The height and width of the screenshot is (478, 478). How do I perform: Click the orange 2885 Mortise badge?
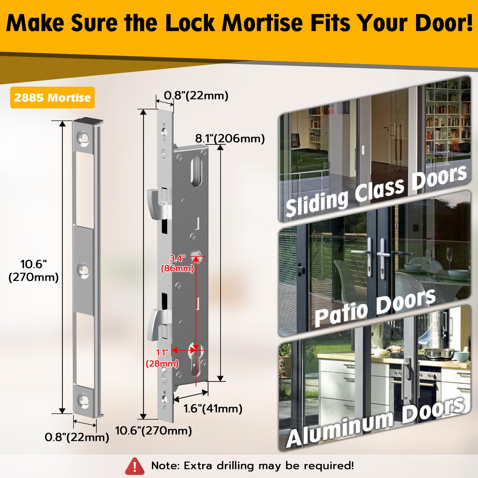[x=52, y=97]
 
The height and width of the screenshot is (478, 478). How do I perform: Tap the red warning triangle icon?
[x=135, y=466]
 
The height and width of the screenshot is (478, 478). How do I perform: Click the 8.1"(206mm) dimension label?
[x=230, y=139]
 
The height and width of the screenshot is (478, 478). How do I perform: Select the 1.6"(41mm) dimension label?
[x=213, y=408]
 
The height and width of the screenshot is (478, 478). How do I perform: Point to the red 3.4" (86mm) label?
[x=178, y=263]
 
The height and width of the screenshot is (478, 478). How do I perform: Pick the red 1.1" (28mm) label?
[x=162, y=358]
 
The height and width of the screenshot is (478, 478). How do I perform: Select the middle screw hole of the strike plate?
[x=83, y=271]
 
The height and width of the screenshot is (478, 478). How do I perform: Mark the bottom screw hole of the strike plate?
[x=83, y=399]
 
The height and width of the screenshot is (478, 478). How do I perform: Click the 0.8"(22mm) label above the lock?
[x=196, y=96]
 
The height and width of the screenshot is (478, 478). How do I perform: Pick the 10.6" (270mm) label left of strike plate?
[x=33, y=271]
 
